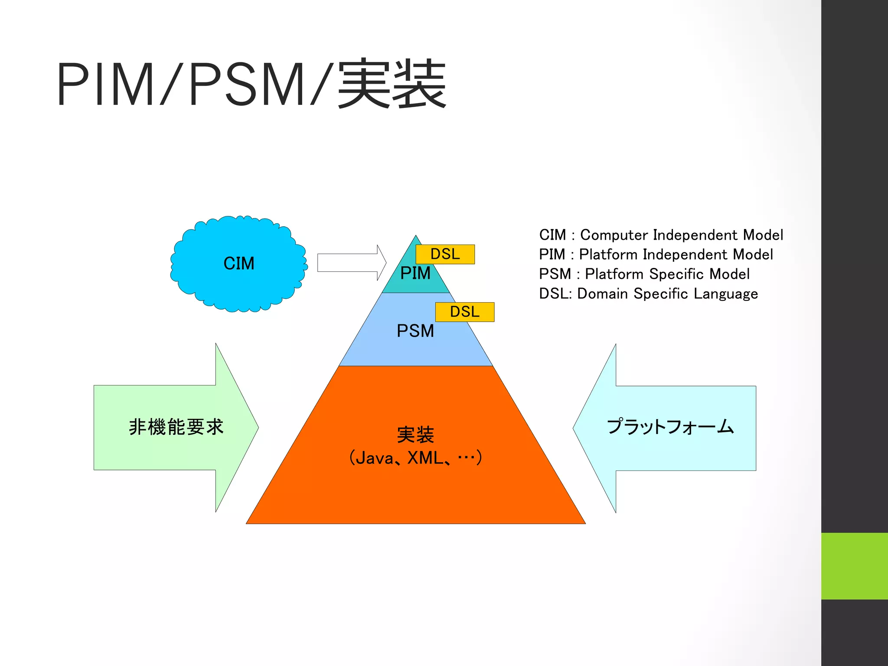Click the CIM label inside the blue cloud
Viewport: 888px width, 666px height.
coord(239,263)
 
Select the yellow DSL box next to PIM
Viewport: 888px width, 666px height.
coord(445,254)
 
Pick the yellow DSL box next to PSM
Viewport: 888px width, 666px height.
coord(465,312)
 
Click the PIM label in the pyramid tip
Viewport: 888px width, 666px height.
coord(415,273)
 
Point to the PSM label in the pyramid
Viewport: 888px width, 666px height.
coord(415,331)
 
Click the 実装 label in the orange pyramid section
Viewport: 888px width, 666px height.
coord(415,435)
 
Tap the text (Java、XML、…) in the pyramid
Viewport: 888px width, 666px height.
coord(415,458)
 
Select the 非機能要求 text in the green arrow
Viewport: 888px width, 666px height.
coord(176,427)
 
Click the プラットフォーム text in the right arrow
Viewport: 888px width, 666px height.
coord(670,427)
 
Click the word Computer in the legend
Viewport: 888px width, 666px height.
coord(614,235)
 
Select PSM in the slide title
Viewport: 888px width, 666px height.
coord(246,84)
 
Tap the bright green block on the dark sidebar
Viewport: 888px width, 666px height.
coord(854,566)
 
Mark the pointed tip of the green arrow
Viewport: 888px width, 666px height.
coord(258,428)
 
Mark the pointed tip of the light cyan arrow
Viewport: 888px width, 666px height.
coord(574,428)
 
